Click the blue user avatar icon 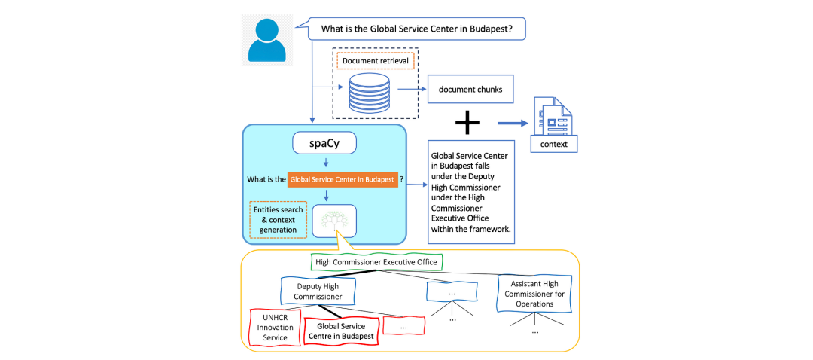point(266,40)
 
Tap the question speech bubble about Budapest point(417,29)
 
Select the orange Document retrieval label point(376,61)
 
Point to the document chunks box point(470,89)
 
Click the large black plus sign point(467,124)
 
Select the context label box point(554,144)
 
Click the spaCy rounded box point(324,143)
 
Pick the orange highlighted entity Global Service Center point(343,179)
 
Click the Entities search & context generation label point(279,219)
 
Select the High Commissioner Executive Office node point(377,263)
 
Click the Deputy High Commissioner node point(318,291)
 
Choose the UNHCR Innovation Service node point(276,328)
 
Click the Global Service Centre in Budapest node point(341,331)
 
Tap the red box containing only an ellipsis point(404,326)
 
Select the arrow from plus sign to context point(513,124)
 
